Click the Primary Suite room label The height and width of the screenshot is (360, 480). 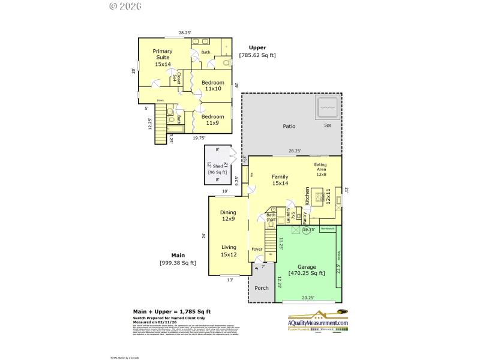point(162,58)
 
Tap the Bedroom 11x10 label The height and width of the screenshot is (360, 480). point(212,86)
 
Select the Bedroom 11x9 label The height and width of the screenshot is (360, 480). point(212,119)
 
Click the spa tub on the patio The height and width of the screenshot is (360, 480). point(327,109)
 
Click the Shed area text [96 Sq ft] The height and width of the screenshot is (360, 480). point(217,172)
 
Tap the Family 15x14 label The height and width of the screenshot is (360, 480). point(280,181)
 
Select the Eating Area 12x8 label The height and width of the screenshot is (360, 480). point(321,169)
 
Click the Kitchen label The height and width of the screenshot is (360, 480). point(307,197)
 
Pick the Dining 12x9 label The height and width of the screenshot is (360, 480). point(227,215)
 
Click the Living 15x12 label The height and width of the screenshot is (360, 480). point(228,251)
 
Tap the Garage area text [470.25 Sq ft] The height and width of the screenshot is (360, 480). point(307,273)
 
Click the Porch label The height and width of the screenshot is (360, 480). point(262,288)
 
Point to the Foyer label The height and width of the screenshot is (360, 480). point(257,248)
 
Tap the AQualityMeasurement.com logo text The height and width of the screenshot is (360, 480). point(318,323)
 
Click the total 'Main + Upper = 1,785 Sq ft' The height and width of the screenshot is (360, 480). point(172,311)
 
